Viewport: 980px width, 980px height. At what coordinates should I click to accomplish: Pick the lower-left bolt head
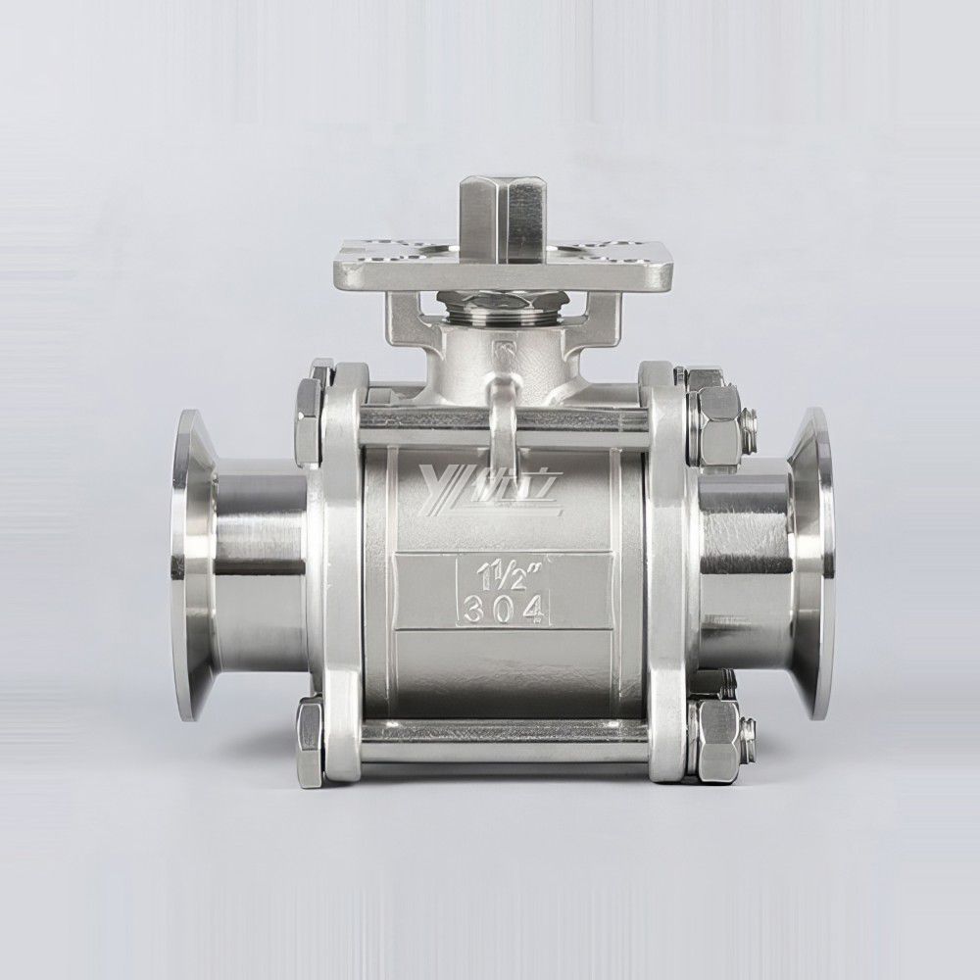(x=310, y=734)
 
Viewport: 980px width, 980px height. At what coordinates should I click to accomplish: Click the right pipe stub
(x=745, y=568)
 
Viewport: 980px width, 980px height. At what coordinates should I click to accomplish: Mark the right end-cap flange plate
(x=664, y=568)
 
